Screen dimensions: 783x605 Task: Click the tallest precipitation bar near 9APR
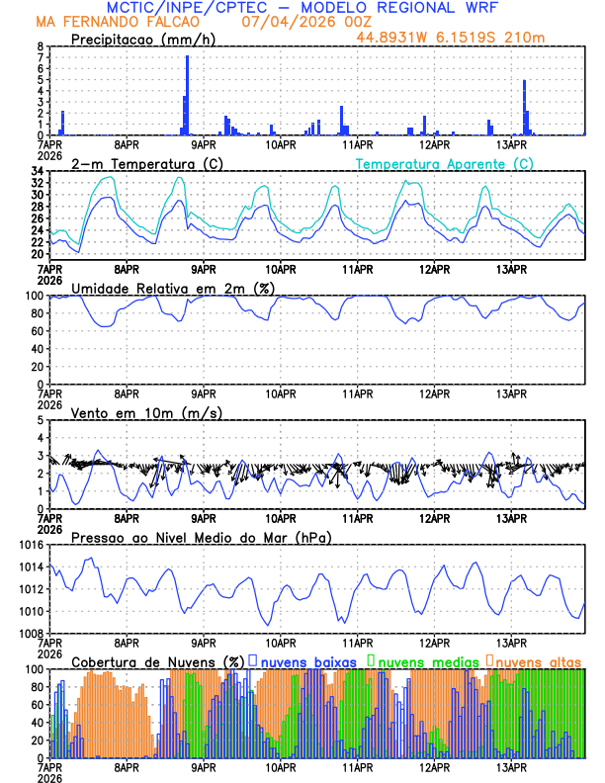click(x=187, y=95)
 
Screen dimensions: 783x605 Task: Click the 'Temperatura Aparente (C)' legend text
click(x=444, y=162)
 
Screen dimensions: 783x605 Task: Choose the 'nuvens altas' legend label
click(x=538, y=660)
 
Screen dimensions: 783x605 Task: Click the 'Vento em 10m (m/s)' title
click(x=146, y=412)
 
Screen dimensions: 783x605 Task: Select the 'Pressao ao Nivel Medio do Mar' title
click(x=201, y=537)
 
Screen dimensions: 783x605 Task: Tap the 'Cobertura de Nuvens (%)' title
click(x=157, y=660)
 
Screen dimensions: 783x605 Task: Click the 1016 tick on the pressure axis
click(x=32, y=545)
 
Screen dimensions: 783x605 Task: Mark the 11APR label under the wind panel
click(x=358, y=518)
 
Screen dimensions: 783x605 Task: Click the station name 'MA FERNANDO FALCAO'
click(x=119, y=22)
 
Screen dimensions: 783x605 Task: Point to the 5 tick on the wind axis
click(x=41, y=420)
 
